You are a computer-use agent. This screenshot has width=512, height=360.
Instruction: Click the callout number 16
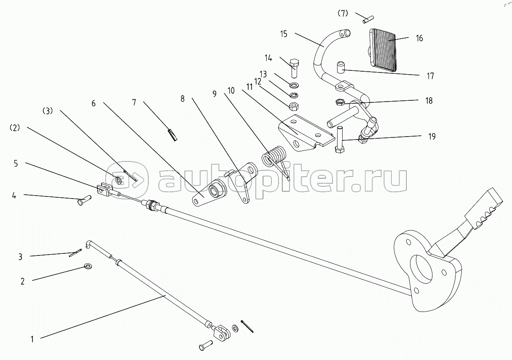(x=419, y=38)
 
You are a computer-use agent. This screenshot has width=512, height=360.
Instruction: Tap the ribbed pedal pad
(x=382, y=50)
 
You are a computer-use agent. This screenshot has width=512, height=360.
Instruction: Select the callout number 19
(x=432, y=137)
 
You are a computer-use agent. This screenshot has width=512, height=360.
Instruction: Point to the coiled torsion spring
(x=275, y=160)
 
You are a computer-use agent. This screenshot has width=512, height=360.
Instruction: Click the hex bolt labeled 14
(x=295, y=68)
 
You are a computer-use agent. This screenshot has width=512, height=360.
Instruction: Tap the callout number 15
(x=284, y=34)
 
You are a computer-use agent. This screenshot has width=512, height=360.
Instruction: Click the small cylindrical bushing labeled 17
(x=340, y=67)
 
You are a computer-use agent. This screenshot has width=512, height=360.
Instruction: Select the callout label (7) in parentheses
(x=343, y=13)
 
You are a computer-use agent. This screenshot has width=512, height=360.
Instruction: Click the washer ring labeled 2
(x=88, y=266)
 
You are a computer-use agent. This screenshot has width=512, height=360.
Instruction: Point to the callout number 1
(x=32, y=339)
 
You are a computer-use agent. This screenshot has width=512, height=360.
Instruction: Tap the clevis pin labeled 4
(x=84, y=200)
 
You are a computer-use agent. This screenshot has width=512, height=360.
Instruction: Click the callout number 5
(x=16, y=164)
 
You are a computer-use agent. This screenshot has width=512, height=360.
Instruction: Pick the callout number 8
(x=182, y=99)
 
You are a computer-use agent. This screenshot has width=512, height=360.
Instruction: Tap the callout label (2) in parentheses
(x=15, y=128)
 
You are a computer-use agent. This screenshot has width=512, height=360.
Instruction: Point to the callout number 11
(x=249, y=87)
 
